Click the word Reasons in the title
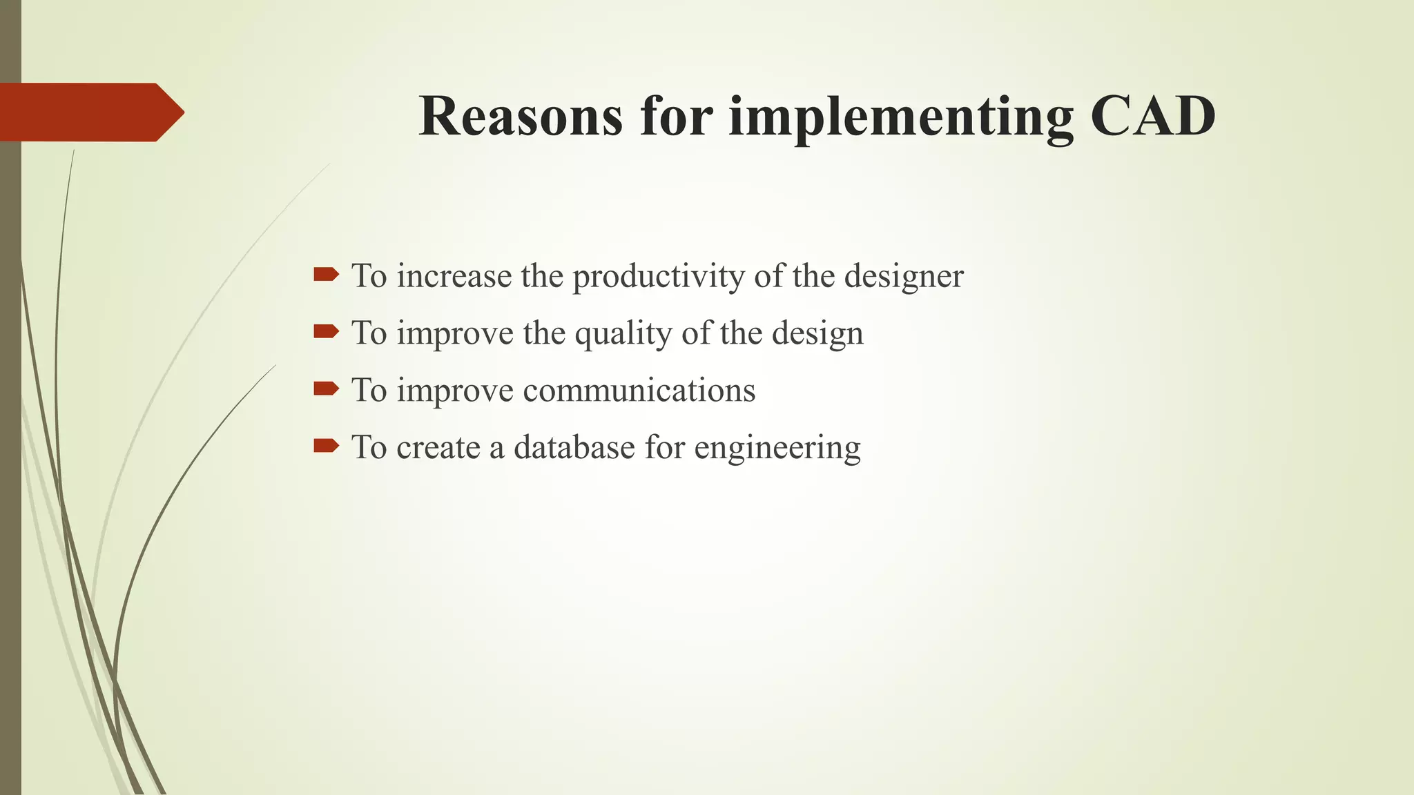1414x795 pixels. pyautogui.click(x=520, y=116)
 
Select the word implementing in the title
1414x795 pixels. pyautogui.click(x=901, y=117)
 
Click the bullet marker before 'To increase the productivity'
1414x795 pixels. pyautogui.click(x=326, y=275)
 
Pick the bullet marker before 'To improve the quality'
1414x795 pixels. pyautogui.click(x=326, y=333)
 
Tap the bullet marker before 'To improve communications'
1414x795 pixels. pyautogui.click(x=326, y=389)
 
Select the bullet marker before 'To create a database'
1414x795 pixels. pyautogui.click(x=326, y=446)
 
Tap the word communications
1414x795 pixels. pyautogui.click(x=639, y=391)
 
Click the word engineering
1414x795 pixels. pyautogui.click(x=777, y=449)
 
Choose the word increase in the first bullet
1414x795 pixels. pyautogui.click(x=454, y=276)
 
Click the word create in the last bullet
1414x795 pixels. pyautogui.click(x=438, y=448)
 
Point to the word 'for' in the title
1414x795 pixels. pyautogui.click(x=676, y=116)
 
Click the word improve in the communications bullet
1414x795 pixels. pyautogui.click(x=455, y=392)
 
